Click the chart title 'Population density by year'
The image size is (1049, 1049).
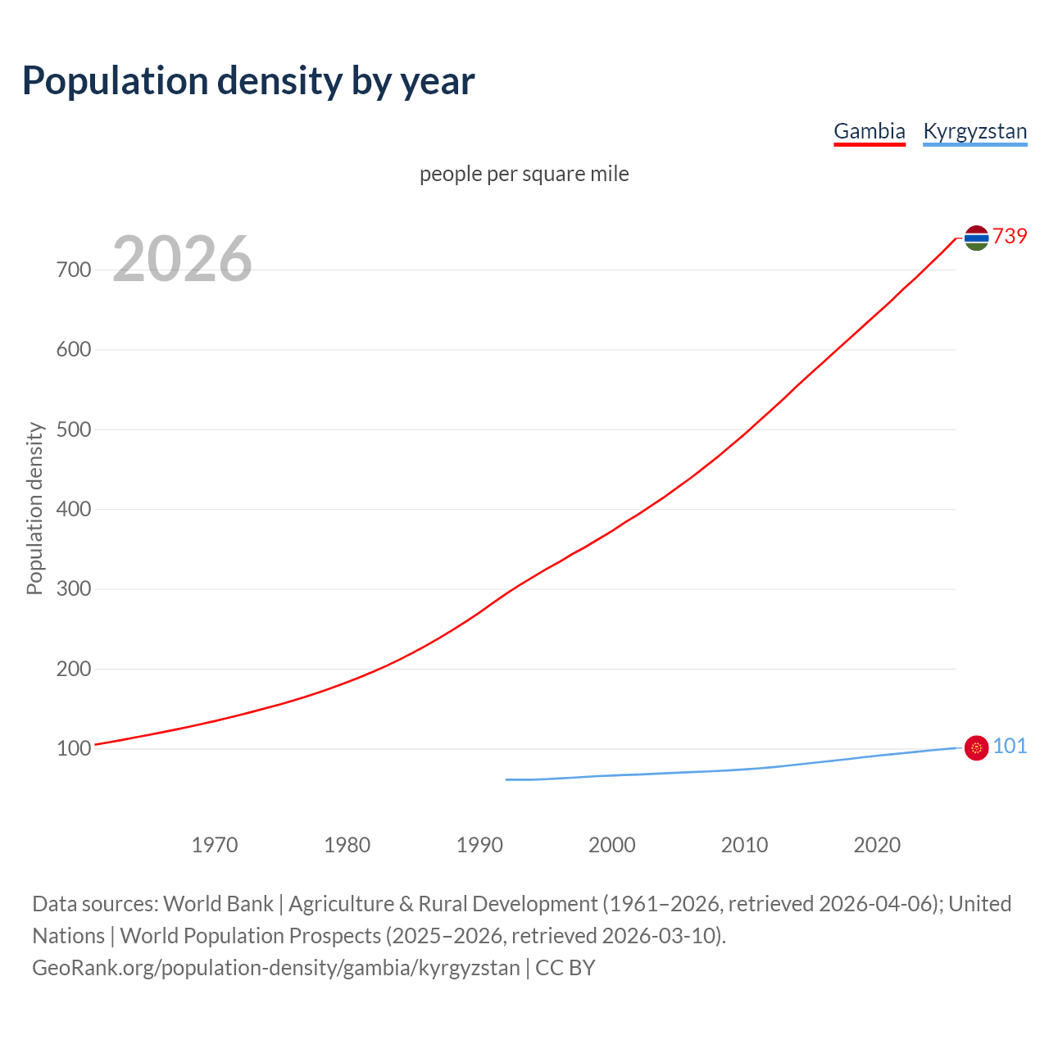coord(248,80)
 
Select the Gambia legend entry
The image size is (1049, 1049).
coord(869,131)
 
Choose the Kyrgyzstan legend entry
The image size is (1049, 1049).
coord(974,131)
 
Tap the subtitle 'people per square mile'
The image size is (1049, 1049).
coord(524,174)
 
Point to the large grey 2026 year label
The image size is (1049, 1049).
coord(182,259)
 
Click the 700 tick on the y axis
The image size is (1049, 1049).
coord(74,270)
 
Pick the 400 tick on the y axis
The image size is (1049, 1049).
coord(74,509)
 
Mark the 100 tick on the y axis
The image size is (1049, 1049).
coord(74,748)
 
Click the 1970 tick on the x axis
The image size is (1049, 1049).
coord(215,845)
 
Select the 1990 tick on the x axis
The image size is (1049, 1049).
coord(479,845)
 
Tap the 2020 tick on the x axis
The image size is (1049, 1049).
coord(877,845)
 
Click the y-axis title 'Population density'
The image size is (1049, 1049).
coord(34,508)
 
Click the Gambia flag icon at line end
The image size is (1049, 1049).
coord(976,238)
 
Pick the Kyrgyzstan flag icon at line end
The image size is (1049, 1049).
coord(976,747)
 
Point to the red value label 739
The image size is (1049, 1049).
coord(1010,236)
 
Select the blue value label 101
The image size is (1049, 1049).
coord(1010,746)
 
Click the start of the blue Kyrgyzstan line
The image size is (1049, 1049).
coord(507,779)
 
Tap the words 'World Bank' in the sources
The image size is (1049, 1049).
coord(218,903)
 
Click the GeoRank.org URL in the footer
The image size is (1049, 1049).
coord(276,967)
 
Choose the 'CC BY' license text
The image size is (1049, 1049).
coord(565,967)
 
